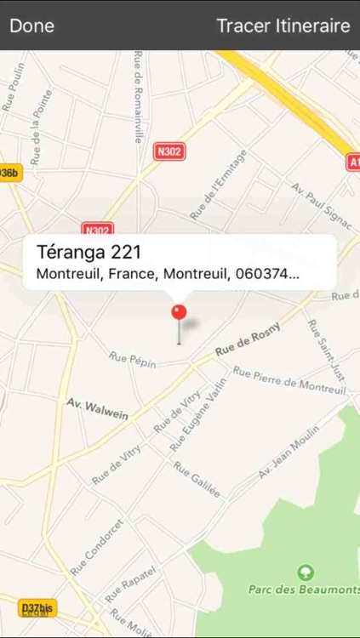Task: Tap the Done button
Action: [31, 26]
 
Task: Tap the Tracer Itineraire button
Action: [283, 26]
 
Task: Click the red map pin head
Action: [179, 311]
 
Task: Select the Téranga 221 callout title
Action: [89, 253]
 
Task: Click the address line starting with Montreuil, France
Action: [168, 275]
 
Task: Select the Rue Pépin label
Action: [133, 360]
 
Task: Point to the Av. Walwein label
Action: [97, 409]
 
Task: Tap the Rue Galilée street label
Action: [197, 480]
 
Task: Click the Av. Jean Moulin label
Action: [289, 452]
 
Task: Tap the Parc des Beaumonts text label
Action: [304, 590]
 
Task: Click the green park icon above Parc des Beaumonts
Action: [306, 572]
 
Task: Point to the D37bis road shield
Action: [37, 607]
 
